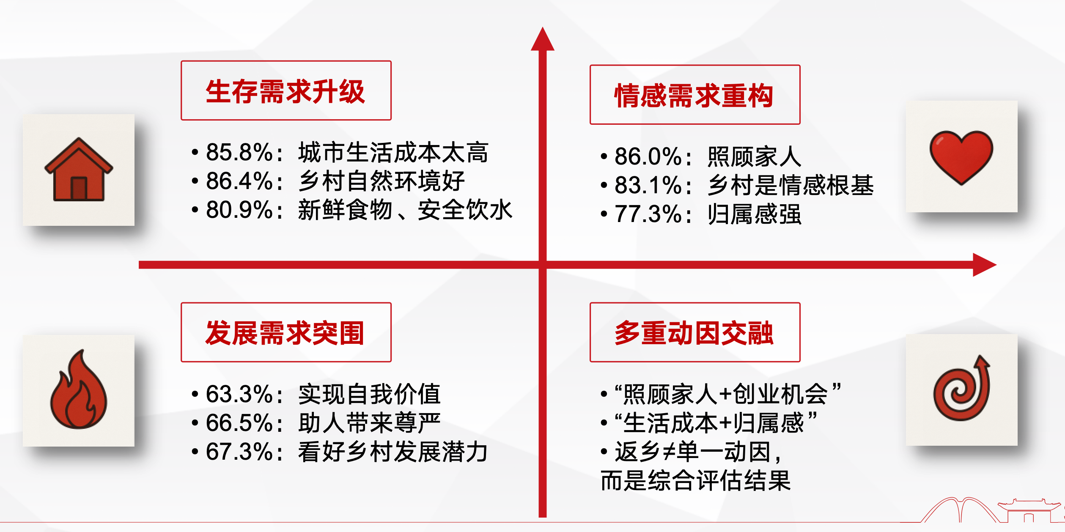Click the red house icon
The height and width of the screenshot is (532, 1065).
pyautogui.click(x=79, y=169)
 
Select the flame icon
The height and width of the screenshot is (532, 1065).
pyautogui.click(x=79, y=390)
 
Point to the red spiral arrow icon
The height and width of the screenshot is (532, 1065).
pyautogui.click(x=962, y=388)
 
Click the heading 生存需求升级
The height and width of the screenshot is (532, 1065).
pyautogui.click(x=285, y=91)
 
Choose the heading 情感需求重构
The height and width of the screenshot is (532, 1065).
pyautogui.click(x=694, y=96)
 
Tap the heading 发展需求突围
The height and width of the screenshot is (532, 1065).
pyautogui.click(x=285, y=333)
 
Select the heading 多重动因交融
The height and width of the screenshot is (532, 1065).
pyautogui.click(x=694, y=333)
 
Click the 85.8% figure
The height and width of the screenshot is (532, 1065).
pyautogui.click(x=239, y=152)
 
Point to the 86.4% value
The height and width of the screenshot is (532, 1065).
pyautogui.click(x=239, y=181)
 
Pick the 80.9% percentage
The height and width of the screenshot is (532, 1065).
pyautogui.click(x=239, y=210)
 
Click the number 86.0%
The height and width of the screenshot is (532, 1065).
pyautogui.click(x=648, y=156)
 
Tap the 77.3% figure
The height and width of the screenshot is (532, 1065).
pyautogui.click(x=648, y=214)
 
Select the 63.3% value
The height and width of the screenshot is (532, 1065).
pyautogui.click(x=239, y=394)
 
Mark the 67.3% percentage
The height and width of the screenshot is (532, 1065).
pyautogui.click(x=239, y=452)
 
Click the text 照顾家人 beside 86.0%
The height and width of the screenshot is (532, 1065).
pyautogui.click(x=755, y=157)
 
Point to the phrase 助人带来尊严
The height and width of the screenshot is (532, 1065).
pyautogui.click(x=370, y=423)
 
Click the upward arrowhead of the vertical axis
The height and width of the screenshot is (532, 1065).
pyautogui.click(x=543, y=39)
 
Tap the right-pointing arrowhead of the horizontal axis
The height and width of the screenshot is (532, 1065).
pyautogui.click(x=985, y=265)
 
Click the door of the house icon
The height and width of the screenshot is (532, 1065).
pyautogui.click(x=79, y=188)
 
